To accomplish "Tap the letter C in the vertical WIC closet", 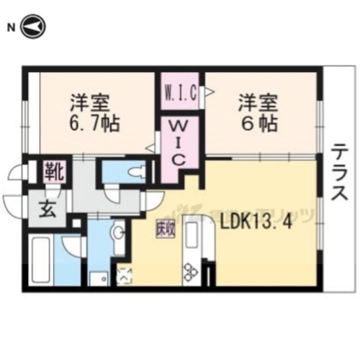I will tap(179, 160).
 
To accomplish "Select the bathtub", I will tap(41, 260).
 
